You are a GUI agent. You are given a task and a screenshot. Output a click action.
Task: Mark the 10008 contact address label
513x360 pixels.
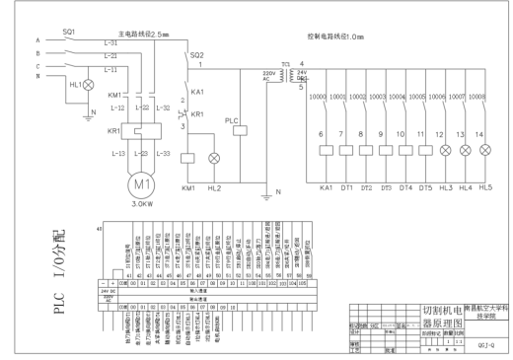[x=479, y=99]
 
